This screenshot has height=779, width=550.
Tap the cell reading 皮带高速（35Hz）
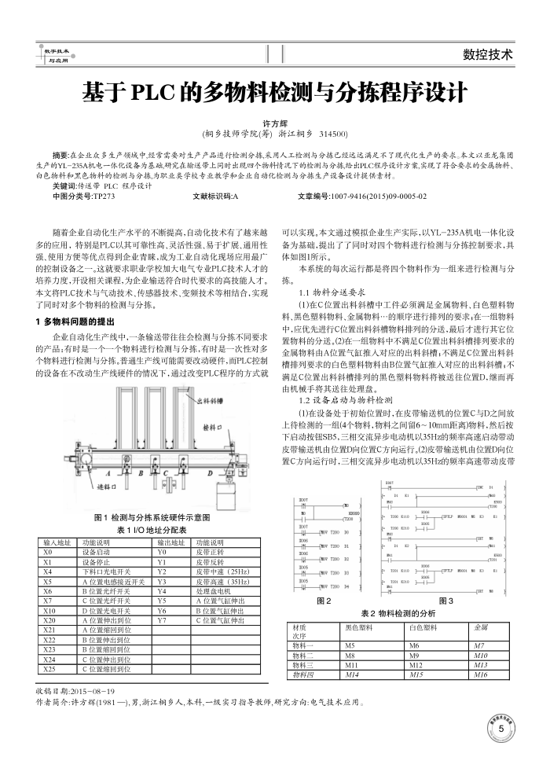[x=222, y=581]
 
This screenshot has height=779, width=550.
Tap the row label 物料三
[x=302, y=663]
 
